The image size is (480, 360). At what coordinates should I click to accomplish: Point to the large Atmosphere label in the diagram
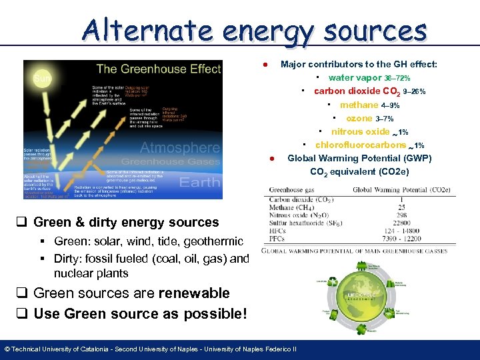[179, 147]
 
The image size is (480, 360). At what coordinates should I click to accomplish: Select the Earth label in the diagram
[200, 181]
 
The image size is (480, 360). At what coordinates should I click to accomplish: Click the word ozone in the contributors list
[359, 118]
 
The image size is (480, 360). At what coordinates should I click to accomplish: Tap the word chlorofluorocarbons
[360, 145]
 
